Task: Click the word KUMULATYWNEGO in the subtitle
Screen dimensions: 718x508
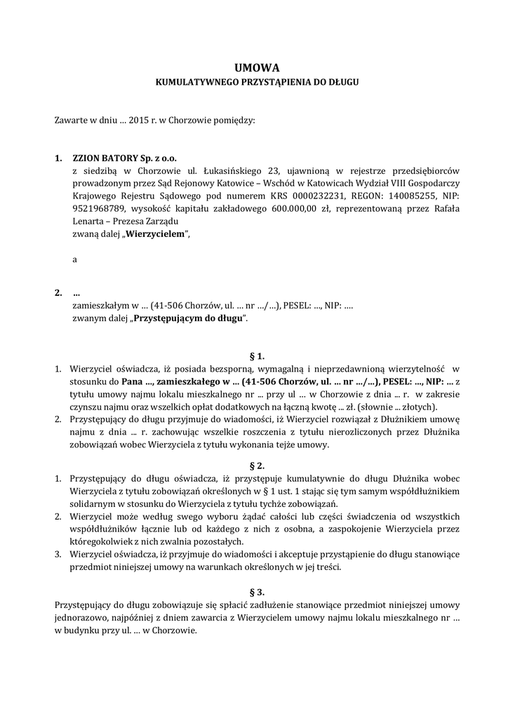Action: (x=191, y=82)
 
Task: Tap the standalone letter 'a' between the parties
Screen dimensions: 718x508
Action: (x=74, y=259)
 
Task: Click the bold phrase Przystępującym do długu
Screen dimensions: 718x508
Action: (x=190, y=318)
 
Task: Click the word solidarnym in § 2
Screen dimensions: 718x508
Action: (x=95, y=503)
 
